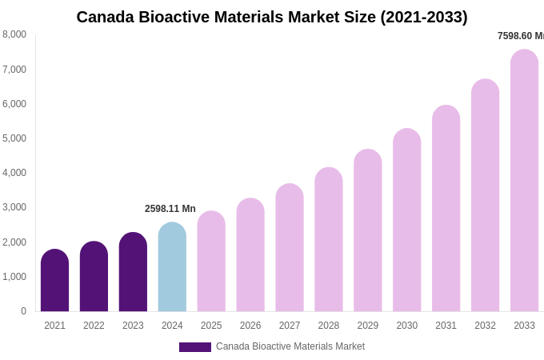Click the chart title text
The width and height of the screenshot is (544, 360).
272,17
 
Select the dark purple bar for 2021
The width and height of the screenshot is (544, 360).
54,281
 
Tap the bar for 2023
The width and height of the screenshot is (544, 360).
133,272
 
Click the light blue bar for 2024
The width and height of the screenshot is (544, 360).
172,267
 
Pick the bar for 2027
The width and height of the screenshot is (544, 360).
290,248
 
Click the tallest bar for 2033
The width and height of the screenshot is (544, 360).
524,181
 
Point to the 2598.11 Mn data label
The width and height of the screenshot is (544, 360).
170,209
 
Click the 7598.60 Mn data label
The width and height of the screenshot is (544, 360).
521,36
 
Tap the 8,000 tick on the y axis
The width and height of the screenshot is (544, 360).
14,34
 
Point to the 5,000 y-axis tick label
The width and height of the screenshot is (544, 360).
14,138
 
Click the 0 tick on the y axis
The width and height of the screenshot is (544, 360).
23,311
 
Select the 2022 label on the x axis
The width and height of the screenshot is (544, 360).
94,326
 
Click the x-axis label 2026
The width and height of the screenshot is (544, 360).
250,326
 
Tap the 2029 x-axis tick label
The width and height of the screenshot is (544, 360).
368,326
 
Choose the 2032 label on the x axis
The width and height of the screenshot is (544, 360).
485,326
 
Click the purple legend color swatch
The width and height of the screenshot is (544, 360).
194,347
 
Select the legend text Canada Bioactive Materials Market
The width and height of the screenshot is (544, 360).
290,346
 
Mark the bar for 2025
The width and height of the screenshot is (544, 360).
211,262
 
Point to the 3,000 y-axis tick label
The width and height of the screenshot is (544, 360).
14,207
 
